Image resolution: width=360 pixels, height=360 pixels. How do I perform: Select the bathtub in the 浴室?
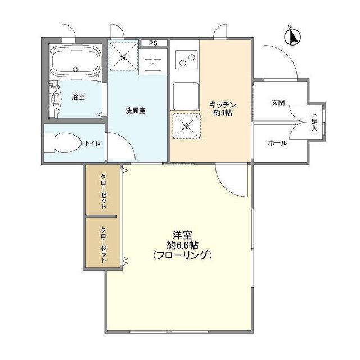tap(75, 60)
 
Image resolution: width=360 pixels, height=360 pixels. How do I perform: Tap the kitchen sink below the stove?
tap(186, 95)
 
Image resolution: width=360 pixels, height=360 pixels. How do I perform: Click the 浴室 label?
tap(78, 97)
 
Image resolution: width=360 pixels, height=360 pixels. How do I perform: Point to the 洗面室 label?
tap(136, 110)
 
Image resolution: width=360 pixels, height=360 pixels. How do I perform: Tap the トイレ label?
tap(93, 143)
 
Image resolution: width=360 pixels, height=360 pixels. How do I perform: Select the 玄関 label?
tap(278, 102)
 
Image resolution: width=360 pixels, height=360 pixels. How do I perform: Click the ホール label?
tap(278, 143)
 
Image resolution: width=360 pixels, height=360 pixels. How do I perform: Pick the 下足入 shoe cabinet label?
tap(314, 121)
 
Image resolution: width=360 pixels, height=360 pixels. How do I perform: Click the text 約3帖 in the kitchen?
tap(222, 114)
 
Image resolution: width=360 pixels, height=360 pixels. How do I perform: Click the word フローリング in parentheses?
tap(182, 255)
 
